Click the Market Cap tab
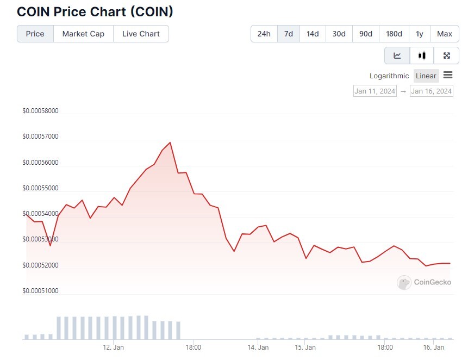click(x=83, y=34)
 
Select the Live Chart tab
click(x=141, y=34)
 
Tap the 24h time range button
click(x=264, y=34)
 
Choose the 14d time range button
click(x=313, y=34)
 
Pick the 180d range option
click(x=394, y=34)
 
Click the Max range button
click(x=445, y=34)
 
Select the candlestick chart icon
click(x=422, y=55)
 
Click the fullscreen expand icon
click(x=446, y=55)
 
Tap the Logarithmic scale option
click(x=389, y=76)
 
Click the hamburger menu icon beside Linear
click(x=448, y=75)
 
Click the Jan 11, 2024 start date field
click(x=375, y=91)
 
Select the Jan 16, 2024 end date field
click(x=431, y=91)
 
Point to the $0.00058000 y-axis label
click(x=41, y=111)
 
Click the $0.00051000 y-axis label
click(x=41, y=291)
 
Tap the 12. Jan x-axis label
click(x=113, y=347)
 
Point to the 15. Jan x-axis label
click(x=305, y=347)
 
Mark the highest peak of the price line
click(x=170, y=142)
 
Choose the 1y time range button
click(x=419, y=34)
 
